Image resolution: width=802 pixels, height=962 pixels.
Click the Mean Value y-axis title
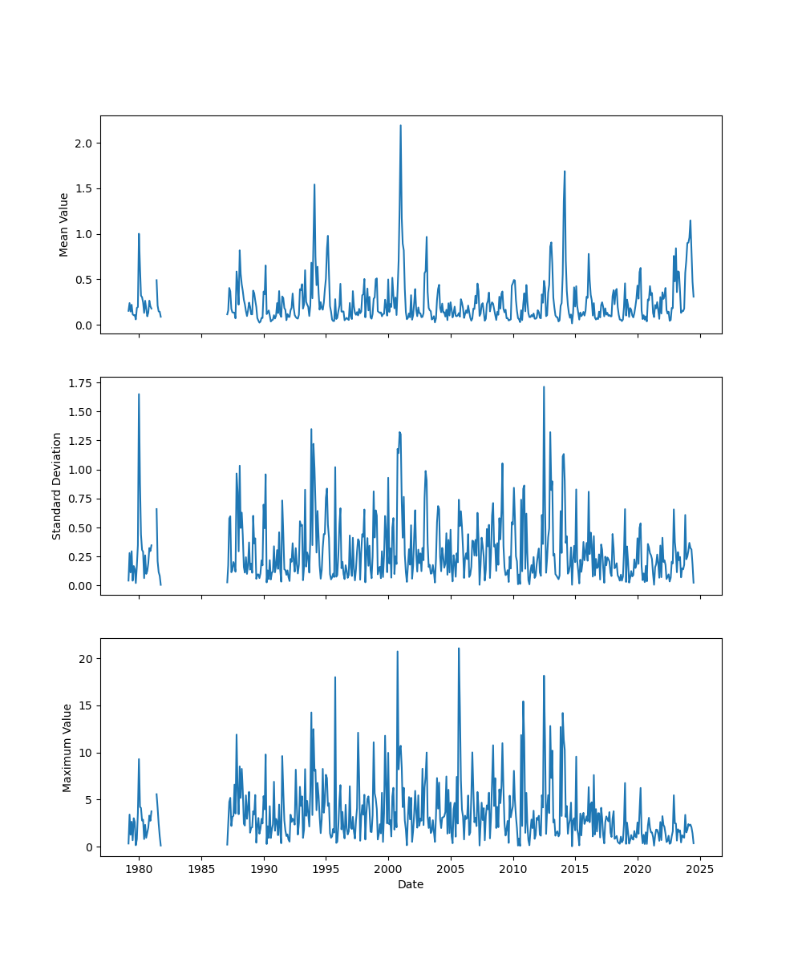pos(64,224)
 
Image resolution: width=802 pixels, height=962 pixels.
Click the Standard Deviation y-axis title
pos(57,486)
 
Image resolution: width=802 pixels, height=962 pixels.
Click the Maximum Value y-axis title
pos(67,747)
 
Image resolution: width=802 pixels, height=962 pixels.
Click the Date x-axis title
pos(411,884)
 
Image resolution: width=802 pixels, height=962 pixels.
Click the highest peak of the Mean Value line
pos(400,125)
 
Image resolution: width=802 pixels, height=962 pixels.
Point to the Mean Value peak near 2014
pos(565,171)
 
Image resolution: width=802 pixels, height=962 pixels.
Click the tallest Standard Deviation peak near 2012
pos(544,386)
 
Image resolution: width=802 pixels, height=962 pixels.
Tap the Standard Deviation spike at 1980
pos(139,394)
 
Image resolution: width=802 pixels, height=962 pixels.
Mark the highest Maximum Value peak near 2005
pos(459,648)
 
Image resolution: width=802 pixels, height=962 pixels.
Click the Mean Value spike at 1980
pos(139,234)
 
